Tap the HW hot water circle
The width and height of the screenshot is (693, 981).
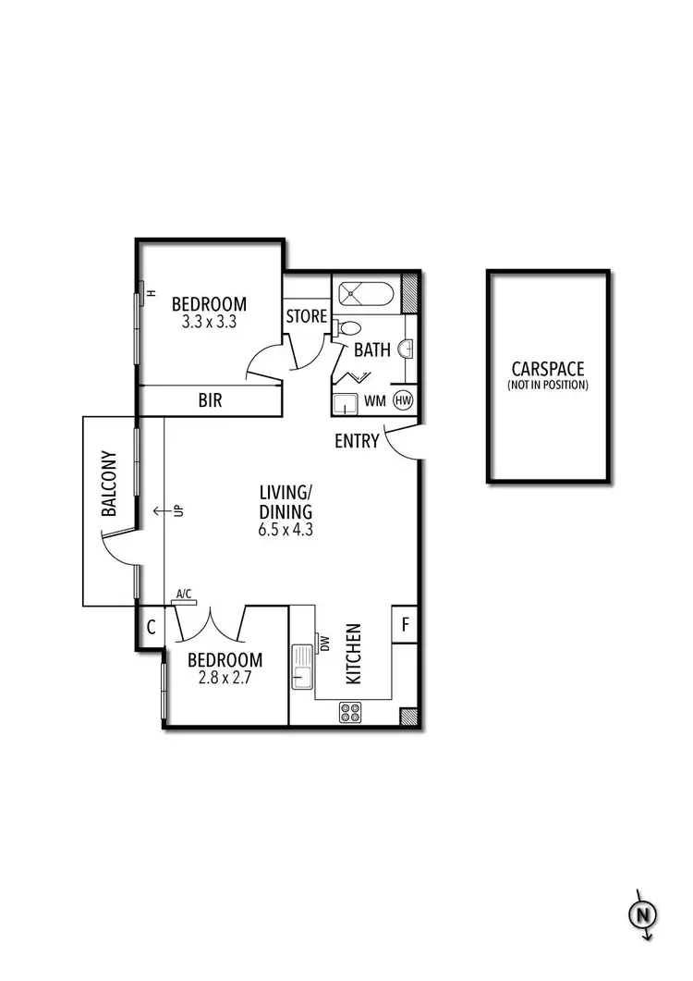(x=403, y=400)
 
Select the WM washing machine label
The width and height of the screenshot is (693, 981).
(x=376, y=400)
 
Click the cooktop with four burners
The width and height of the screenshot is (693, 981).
(x=350, y=712)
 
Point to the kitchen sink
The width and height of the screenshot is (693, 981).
(x=302, y=666)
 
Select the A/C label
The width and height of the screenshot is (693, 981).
(x=183, y=595)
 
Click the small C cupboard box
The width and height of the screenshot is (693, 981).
(x=151, y=628)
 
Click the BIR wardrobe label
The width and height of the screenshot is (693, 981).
(x=209, y=401)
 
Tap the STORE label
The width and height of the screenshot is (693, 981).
(x=306, y=316)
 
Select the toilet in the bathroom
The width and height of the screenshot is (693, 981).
(x=347, y=327)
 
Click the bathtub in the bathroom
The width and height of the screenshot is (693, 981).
(x=364, y=294)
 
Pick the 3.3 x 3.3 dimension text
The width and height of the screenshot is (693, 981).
(x=209, y=324)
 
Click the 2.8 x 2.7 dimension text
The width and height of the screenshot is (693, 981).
(x=225, y=678)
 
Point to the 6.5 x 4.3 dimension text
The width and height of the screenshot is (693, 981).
(x=286, y=531)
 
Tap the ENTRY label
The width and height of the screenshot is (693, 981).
(x=357, y=441)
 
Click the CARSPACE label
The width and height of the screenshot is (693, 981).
(x=547, y=370)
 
